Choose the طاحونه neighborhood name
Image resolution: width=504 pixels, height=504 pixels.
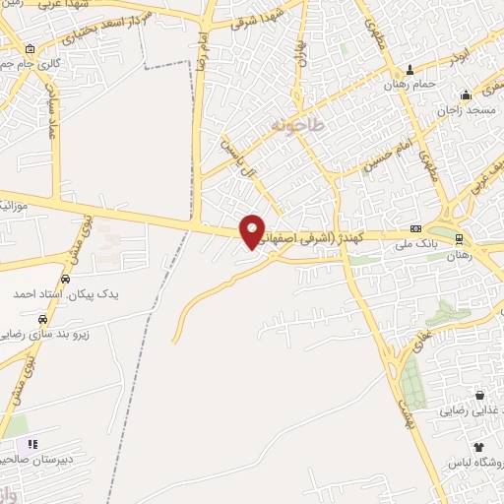pos(292,127)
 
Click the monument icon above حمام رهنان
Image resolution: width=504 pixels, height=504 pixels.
pos(410,69)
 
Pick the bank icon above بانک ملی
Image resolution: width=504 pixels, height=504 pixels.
pos(416,226)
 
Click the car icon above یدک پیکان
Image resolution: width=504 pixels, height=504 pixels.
pos(64,279)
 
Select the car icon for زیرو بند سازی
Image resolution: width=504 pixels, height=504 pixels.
pos(42,320)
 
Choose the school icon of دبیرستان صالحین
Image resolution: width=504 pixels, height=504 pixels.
pos(32,444)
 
